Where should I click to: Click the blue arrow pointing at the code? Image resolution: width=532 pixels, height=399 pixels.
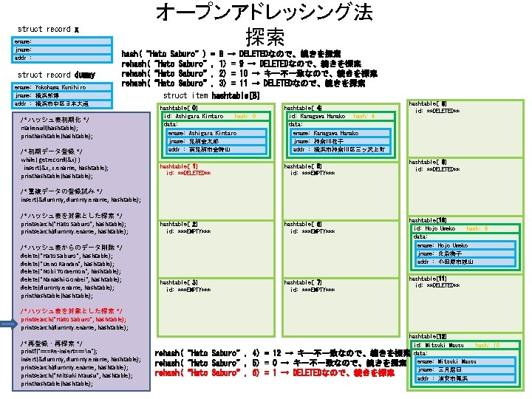click(x=8, y=324)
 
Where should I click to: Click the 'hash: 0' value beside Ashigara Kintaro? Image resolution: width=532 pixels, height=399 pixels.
click(x=245, y=116)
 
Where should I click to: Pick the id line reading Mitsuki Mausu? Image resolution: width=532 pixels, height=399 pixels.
click(x=440, y=345)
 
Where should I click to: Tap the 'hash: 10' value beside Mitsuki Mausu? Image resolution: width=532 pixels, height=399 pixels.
click(x=488, y=345)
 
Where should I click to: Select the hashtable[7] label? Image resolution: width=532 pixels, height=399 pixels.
click(x=302, y=282)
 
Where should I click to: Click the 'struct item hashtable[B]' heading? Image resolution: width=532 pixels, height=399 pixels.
click(x=211, y=96)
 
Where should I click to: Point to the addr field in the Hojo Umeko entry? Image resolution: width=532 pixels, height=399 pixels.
click(x=443, y=262)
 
